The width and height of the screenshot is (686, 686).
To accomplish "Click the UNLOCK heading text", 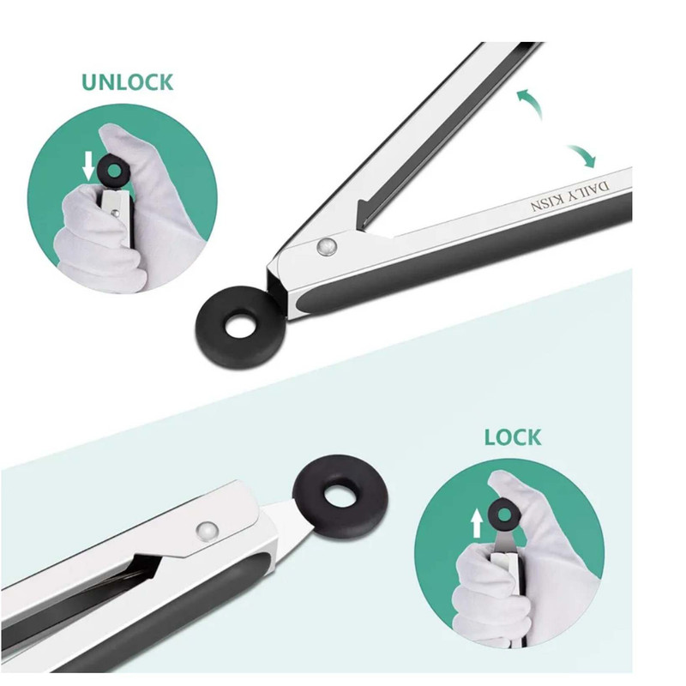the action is pyautogui.click(x=127, y=82).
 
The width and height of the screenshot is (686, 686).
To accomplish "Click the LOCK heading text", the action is pyautogui.click(x=512, y=437).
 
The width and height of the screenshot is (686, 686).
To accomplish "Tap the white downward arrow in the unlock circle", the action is pyautogui.click(x=89, y=166).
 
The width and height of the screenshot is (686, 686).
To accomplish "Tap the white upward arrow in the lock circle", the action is pyautogui.click(x=477, y=524).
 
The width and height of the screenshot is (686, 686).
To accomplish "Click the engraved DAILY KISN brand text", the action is pyautogui.click(x=569, y=196).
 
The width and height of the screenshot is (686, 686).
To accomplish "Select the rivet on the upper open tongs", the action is pyautogui.click(x=327, y=246).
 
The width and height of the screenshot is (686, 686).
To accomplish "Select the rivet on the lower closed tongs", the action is pyautogui.click(x=208, y=531).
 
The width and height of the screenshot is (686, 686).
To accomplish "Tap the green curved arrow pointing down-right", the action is pyautogui.click(x=583, y=155).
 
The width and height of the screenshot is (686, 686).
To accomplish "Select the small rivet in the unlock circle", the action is pyautogui.click(x=116, y=213).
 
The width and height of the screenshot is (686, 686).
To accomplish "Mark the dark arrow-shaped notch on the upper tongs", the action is pyautogui.click(x=368, y=214).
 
